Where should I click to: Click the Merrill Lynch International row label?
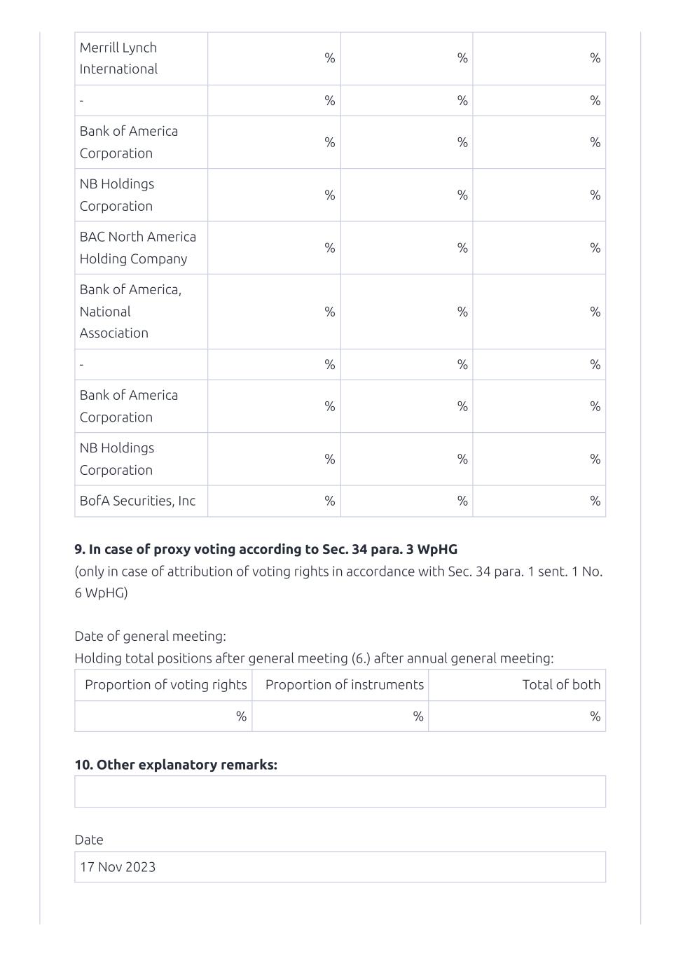118,58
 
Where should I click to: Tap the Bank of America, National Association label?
130,311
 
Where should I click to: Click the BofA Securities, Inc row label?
137,501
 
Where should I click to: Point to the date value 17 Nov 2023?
118,867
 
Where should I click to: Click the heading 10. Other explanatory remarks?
176,765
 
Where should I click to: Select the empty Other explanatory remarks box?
340,791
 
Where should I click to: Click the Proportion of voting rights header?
166,685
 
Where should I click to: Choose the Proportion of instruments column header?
345,685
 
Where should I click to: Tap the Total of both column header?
561,685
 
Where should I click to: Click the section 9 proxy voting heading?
265,549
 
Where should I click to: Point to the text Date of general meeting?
150,636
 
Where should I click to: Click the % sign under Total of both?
595,716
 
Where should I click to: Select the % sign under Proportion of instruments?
418,716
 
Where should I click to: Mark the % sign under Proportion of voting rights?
241,716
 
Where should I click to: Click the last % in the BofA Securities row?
595,501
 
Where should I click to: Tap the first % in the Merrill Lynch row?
330,58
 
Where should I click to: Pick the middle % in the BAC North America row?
462,247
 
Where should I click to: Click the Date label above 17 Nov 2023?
89,840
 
